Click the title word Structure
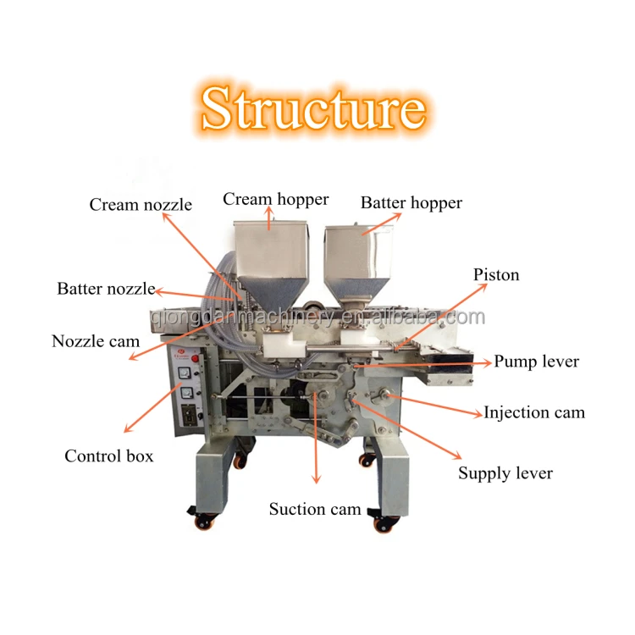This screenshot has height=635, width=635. coord(313,108)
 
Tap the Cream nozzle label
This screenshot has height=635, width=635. coord(141,205)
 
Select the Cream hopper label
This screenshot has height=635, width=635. coord(276,200)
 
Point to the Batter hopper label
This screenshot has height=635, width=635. coord(411,203)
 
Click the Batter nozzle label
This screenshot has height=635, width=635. coord(106,289)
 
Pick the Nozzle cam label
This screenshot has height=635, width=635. coord(96,341)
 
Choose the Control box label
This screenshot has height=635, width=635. coord(109,456)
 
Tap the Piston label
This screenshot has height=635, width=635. coord(496,275)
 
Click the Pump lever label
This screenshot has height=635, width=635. coord(537,362)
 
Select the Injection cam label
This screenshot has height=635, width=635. coord(534,413)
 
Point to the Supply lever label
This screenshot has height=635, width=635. coord(505,473)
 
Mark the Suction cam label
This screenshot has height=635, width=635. coord(315,510)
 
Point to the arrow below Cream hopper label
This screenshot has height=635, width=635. coord(270,220)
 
